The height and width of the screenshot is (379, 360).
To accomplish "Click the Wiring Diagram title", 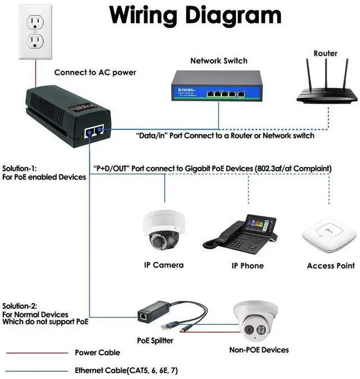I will coord(195,16).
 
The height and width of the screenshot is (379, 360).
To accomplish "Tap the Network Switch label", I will coord(219,60).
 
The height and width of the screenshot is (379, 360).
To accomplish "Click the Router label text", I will coord(326,53).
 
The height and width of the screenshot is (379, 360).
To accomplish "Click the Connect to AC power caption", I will coord(95,73).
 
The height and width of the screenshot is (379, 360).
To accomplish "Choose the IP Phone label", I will coord(247,265).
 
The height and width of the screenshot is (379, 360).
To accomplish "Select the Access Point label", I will coord(331,265).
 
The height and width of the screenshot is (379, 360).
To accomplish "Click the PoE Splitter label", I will coord(155,340).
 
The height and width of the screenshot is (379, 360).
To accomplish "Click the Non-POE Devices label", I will coord(259,350).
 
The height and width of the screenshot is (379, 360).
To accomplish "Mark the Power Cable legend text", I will coord(97,353).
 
